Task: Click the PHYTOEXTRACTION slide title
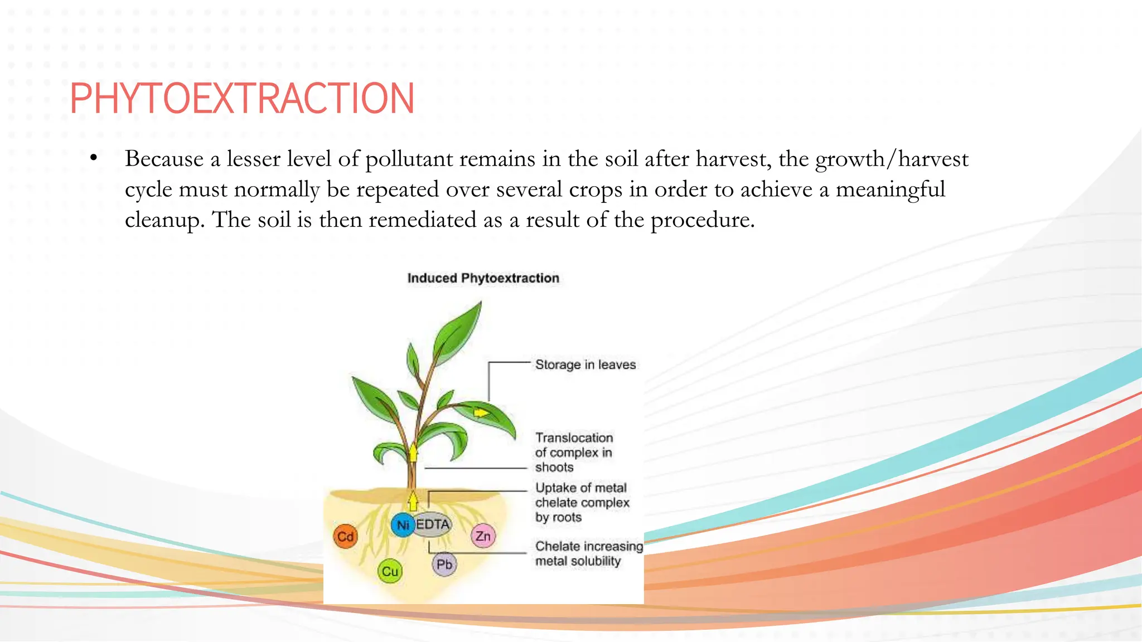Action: click(242, 99)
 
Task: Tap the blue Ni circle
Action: click(403, 525)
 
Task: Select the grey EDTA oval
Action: click(433, 524)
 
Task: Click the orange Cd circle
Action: click(345, 537)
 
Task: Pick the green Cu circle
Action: click(390, 571)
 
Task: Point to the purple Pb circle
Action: click(444, 565)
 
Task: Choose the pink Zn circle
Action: click(483, 536)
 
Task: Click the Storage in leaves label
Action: click(585, 364)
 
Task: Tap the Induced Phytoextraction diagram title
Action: click(483, 278)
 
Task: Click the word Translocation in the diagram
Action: click(574, 437)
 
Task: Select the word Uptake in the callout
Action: click(555, 488)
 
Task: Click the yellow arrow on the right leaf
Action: click(481, 413)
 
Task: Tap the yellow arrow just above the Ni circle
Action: click(413, 500)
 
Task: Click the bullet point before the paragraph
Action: click(94, 158)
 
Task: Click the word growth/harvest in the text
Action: click(892, 159)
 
